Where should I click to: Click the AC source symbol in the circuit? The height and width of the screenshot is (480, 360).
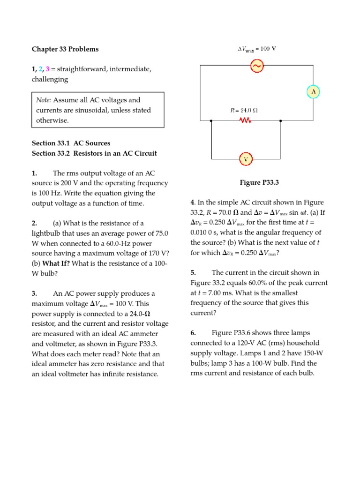click(x=257, y=66)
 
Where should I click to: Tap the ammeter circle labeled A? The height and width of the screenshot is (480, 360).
click(x=313, y=92)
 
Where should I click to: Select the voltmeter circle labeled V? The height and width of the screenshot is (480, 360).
click(x=246, y=159)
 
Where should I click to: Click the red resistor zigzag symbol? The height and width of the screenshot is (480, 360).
click(x=246, y=121)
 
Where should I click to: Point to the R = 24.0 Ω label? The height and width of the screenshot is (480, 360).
click(x=244, y=111)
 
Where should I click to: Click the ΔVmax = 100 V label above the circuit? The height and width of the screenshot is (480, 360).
click(x=256, y=49)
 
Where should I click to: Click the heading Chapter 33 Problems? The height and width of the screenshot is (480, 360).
click(x=65, y=49)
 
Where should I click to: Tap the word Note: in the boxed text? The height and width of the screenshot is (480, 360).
click(x=44, y=100)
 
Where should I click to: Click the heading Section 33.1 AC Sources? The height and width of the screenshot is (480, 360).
click(x=71, y=143)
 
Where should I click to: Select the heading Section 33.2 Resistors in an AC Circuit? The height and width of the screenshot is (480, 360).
click(x=94, y=153)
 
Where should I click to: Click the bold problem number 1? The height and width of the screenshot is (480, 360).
click(x=34, y=173)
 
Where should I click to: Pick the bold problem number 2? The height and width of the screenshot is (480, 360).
click(x=34, y=223)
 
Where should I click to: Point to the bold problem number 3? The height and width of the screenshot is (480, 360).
click(x=34, y=293)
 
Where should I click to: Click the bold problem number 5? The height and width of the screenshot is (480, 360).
click(x=193, y=272)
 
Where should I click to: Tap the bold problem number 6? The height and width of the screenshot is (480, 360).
click(x=193, y=333)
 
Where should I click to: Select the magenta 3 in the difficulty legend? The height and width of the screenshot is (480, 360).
click(x=47, y=69)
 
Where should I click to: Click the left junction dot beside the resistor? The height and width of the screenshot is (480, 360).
click(x=211, y=121)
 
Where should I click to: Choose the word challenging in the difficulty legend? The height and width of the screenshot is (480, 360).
click(x=50, y=79)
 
